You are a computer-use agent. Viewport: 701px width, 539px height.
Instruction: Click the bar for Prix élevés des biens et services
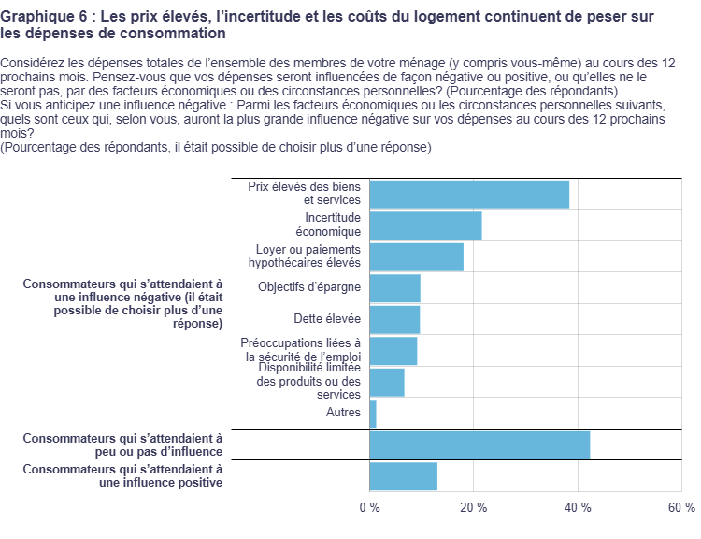click(469, 194)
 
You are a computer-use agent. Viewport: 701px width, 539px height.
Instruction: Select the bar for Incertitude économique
click(425, 226)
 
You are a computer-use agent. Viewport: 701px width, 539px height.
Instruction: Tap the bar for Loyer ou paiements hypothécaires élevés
click(416, 256)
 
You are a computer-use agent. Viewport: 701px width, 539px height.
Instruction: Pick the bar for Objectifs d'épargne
click(394, 288)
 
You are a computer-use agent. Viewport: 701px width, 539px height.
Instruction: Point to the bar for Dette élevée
click(394, 319)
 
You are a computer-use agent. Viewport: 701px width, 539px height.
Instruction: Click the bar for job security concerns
click(393, 351)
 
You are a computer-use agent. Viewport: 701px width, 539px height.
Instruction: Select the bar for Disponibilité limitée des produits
click(387, 382)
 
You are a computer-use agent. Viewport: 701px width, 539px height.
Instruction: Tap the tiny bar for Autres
click(373, 413)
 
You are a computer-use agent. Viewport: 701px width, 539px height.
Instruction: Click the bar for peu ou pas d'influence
click(479, 444)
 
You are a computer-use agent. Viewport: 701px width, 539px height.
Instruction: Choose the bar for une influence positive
click(403, 476)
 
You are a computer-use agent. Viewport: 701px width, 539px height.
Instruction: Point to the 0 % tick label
click(370, 507)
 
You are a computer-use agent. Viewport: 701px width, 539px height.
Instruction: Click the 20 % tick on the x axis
click(475, 507)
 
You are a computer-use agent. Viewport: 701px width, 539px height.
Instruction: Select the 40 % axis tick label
click(579, 507)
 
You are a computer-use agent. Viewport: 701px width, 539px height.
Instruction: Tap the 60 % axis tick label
click(682, 507)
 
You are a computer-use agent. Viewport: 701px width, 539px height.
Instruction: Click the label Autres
click(343, 413)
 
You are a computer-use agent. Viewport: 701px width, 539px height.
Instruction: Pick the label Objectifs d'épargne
click(309, 287)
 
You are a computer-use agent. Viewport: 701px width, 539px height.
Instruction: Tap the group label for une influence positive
click(122, 476)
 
